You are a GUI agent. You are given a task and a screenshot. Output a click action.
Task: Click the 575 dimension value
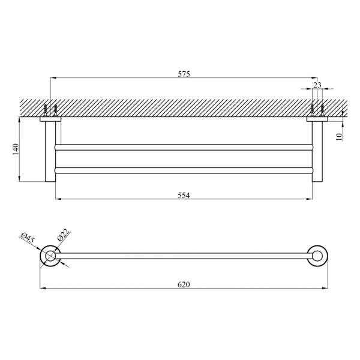point(184,74)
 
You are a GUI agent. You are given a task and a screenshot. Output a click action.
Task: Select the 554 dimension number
point(184,196)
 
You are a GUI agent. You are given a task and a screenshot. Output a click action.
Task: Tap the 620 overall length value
point(184,284)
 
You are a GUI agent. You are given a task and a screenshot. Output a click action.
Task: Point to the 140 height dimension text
point(16,149)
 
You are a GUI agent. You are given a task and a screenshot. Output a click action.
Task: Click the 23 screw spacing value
point(317,85)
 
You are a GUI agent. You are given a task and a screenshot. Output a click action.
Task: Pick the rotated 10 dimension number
point(339,137)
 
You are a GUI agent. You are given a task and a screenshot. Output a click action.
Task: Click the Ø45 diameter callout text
point(28,238)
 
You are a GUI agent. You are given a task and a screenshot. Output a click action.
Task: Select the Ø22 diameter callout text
point(62,235)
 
